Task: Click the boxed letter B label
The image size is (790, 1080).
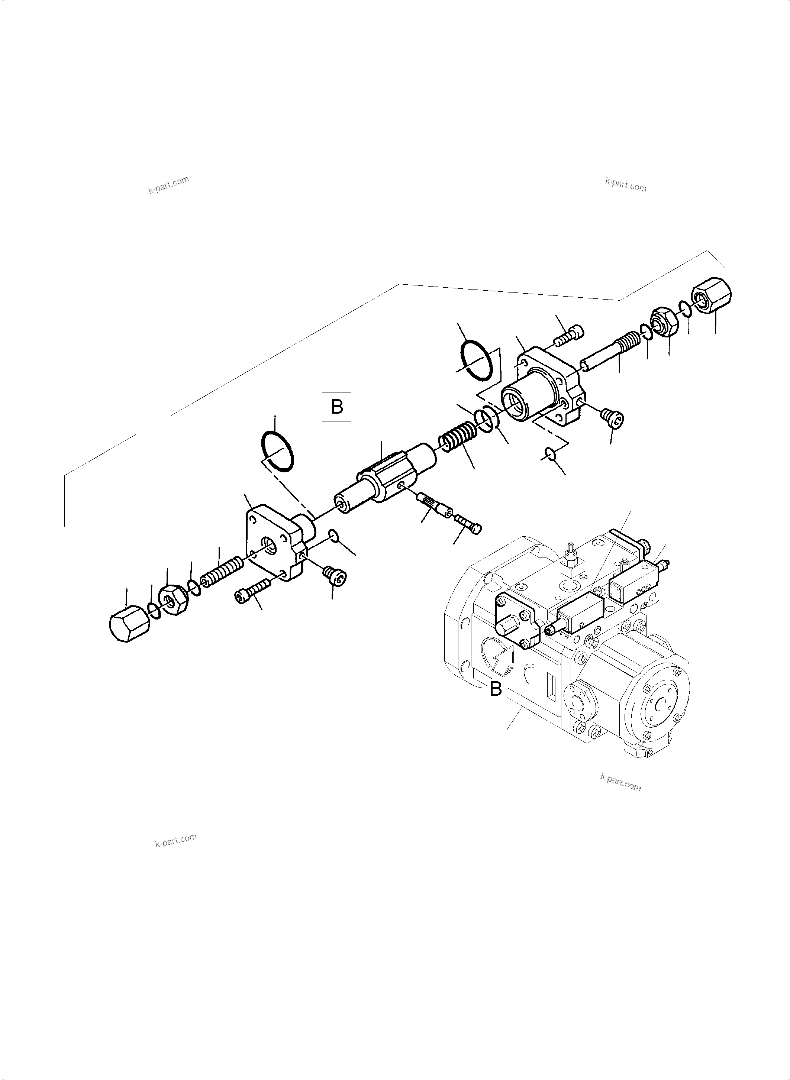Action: point(337,407)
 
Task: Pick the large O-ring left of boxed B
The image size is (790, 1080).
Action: point(277,451)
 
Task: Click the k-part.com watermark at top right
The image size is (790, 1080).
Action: point(626,185)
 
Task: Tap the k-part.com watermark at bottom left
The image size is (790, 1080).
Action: point(175,841)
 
